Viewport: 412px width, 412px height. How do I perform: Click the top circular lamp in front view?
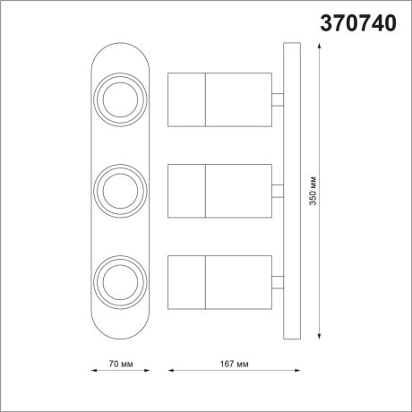pos(121,100)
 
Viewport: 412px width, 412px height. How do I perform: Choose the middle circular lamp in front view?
pos(121,189)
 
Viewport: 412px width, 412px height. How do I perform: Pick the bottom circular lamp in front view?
pos(121,279)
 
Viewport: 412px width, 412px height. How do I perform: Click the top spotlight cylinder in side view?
pos(219,100)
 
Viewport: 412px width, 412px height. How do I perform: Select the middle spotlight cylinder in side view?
pos(219,190)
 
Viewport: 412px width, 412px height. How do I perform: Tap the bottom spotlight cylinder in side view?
pos(219,279)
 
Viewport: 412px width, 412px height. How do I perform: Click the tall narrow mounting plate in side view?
pos(289,191)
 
